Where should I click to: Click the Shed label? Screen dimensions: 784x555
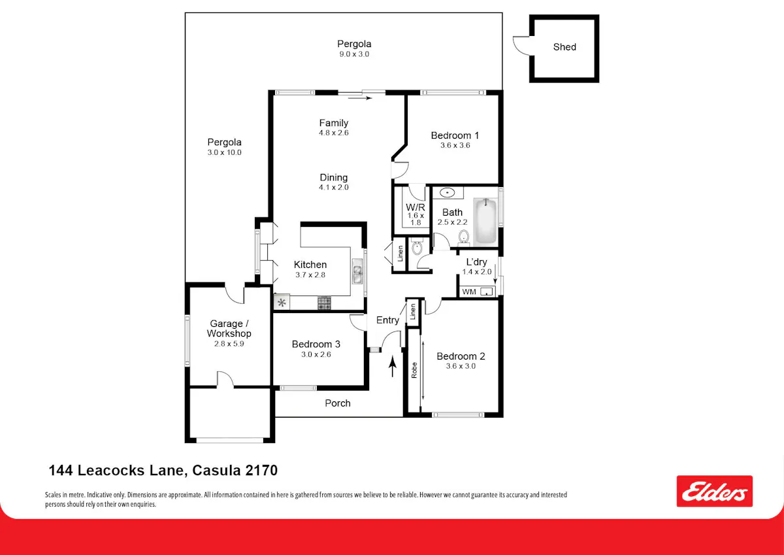click(x=564, y=47)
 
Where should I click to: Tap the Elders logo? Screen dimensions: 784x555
click(x=714, y=491)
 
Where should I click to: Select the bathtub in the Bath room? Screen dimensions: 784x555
click(x=485, y=222)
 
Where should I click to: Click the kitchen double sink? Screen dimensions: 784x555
click(x=357, y=271)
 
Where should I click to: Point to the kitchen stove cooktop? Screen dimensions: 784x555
click(x=324, y=303)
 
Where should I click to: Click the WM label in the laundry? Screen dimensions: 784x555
click(x=469, y=292)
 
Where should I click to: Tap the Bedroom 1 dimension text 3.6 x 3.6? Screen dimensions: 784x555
click(x=455, y=145)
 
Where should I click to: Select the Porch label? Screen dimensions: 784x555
click(x=337, y=403)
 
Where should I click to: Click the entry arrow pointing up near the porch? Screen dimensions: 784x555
click(x=393, y=366)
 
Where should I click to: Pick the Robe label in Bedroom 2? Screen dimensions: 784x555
click(x=414, y=370)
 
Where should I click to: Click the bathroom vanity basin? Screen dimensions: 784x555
click(x=447, y=193)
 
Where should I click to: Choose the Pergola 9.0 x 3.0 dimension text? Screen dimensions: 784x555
click(x=354, y=54)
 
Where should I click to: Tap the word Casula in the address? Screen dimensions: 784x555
click(x=216, y=470)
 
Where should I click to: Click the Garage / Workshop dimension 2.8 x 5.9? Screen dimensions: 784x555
click(x=229, y=344)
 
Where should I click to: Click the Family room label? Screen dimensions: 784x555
click(x=334, y=123)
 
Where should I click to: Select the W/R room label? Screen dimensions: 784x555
click(x=416, y=207)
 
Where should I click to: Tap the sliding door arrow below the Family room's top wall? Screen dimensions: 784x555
click(x=360, y=99)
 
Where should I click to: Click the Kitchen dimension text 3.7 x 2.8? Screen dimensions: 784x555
click(x=310, y=275)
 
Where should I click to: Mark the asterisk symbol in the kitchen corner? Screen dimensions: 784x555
click(x=282, y=302)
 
